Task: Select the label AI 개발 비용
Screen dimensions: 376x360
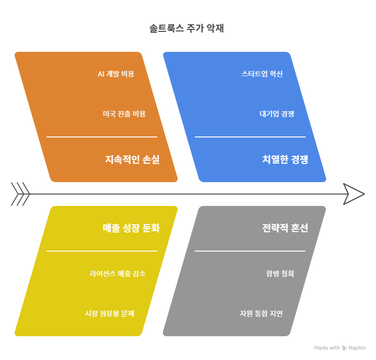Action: (x=116, y=74)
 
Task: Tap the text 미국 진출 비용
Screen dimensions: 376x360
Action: (x=124, y=114)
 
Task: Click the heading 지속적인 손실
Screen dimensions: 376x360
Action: (x=132, y=160)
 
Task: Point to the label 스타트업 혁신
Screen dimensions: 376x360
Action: (x=262, y=74)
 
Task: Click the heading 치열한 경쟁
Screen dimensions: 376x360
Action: (x=285, y=160)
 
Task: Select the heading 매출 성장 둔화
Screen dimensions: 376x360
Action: (x=131, y=228)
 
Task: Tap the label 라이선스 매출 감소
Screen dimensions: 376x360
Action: (x=118, y=273)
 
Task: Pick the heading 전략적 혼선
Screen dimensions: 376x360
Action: (x=285, y=228)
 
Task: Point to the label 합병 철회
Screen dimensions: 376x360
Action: (x=280, y=273)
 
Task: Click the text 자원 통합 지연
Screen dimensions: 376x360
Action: (x=261, y=313)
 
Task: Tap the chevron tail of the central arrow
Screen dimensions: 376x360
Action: (x=20, y=194)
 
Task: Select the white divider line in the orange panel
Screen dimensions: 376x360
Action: (x=101, y=137)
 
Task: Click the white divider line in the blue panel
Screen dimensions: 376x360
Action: (x=250, y=137)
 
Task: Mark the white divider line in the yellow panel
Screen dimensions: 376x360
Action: (x=101, y=251)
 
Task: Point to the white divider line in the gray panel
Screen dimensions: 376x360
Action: (x=250, y=251)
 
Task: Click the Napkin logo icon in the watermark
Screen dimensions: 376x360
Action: (x=345, y=348)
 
